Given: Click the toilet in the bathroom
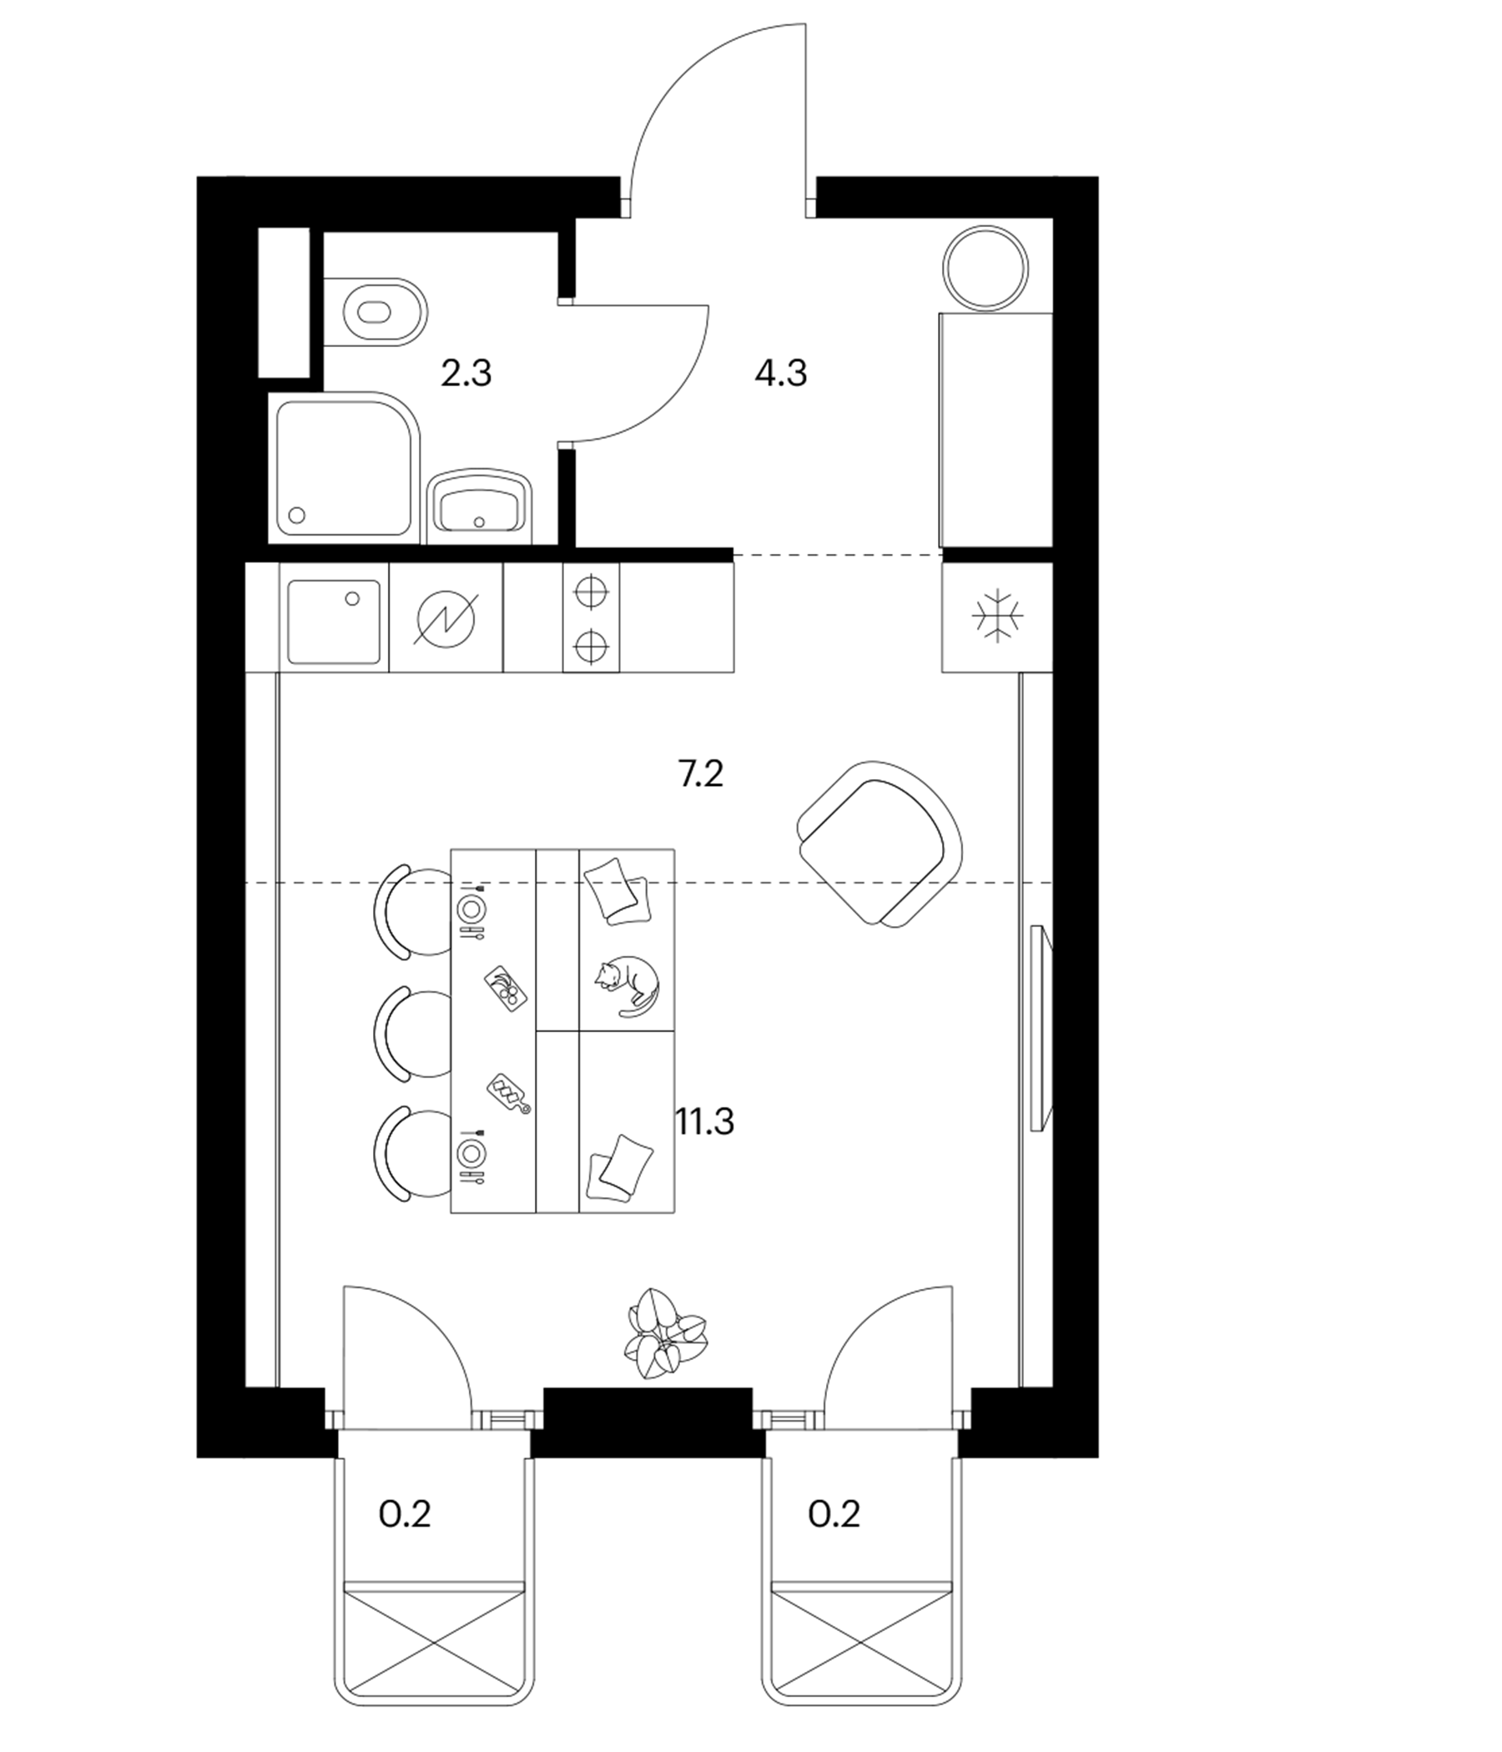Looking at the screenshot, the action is [x=375, y=311].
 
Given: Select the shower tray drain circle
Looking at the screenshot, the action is [x=297, y=514].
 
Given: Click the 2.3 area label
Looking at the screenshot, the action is [x=466, y=372].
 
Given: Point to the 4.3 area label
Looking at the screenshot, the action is [x=780, y=372].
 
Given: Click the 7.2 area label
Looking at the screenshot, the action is [x=701, y=773].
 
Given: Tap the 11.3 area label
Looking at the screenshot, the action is [x=704, y=1122].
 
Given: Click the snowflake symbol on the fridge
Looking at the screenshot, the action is [x=998, y=616].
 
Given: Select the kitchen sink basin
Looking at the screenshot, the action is [x=334, y=622].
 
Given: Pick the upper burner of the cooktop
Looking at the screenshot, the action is [x=591, y=592].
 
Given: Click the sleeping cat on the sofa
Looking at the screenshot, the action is [x=626, y=984].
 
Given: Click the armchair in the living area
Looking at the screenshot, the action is [x=880, y=842].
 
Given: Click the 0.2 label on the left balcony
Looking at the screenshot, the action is [x=405, y=1513].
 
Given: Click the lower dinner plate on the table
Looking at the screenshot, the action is [x=471, y=1151].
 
